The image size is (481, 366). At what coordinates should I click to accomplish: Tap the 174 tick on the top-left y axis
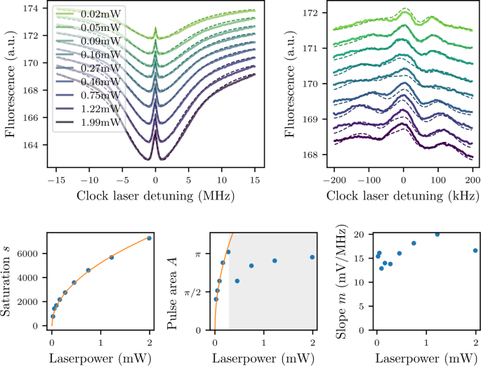(31, 9)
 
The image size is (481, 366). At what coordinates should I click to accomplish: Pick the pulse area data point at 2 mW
(312, 257)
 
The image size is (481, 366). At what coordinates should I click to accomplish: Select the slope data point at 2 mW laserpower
(475, 250)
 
